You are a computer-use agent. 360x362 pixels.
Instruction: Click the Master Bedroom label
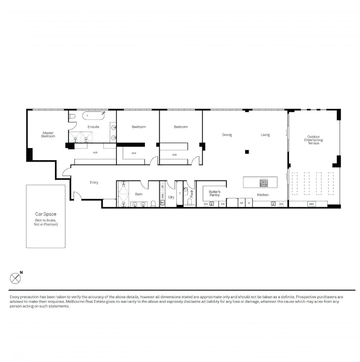[x=48, y=134]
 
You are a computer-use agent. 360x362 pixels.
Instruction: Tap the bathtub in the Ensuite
[x=93, y=116]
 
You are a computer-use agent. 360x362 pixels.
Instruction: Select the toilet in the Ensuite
[x=72, y=117]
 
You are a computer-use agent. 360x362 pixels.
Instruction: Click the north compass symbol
[x=15, y=278]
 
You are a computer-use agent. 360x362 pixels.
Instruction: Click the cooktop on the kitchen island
[x=264, y=183]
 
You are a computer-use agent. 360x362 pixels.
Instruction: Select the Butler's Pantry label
[x=214, y=193]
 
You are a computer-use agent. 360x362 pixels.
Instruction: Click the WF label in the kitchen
[x=241, y=203]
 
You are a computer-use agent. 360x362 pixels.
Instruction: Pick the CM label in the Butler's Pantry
[x=222, y=204]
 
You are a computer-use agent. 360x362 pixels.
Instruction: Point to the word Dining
[x=227, y=135]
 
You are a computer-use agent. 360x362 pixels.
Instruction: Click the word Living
[x=265, y=135]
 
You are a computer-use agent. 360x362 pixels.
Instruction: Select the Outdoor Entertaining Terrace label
[x=313, y=140]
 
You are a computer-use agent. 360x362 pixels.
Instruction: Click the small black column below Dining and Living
[x=247, y=152]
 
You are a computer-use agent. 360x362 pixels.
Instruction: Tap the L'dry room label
[x=171, y=197]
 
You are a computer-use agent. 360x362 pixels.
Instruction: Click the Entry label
[x=94, y=182]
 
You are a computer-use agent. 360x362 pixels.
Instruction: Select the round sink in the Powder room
[x=186, y=189]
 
